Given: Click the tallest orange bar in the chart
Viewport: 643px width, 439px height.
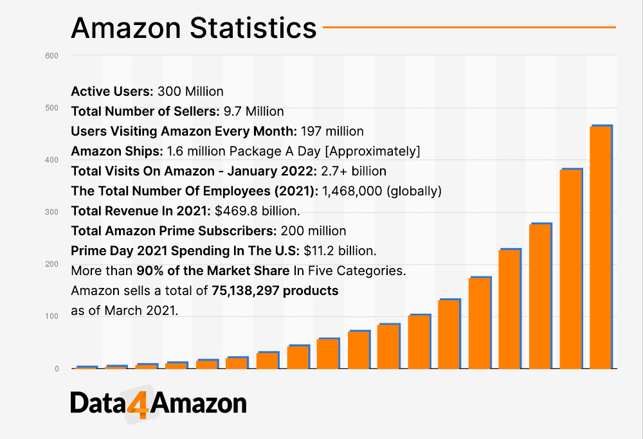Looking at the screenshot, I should (x=601, y=247).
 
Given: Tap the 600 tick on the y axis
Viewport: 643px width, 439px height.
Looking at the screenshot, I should (x=52, y=55).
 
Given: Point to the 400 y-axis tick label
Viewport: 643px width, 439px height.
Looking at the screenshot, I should (x=52, y=159).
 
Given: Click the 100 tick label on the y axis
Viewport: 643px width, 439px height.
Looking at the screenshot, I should (x=52, y=316).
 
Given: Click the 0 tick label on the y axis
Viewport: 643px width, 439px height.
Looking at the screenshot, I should (x=56, y=369).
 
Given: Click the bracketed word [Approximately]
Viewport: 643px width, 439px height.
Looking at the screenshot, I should (x=379, y=151).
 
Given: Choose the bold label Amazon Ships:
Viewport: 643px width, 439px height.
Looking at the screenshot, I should (x=117, y=151).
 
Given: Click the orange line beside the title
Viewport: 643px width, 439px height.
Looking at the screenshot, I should (x=469, y=27).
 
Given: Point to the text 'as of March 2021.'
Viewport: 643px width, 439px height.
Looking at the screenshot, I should (x=123, y=310).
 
